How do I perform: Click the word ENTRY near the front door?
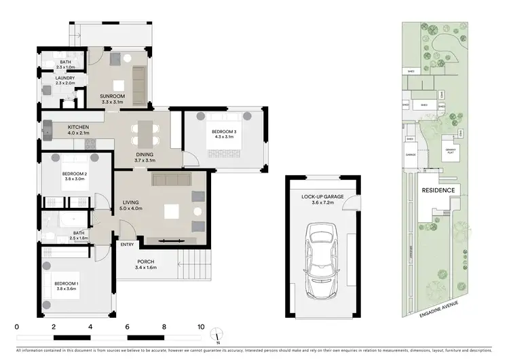(x=127, y=245)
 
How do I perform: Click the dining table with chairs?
(x=146, y=133)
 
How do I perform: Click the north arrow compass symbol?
(x=217, y=334)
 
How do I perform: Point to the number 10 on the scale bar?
(x=200, y=327)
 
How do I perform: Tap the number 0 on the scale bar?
(x=16, y=327)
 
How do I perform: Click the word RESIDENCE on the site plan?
(x=438, y=192)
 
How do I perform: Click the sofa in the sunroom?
(x=139, y=82)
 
